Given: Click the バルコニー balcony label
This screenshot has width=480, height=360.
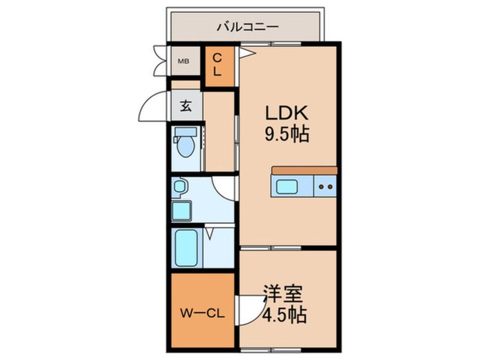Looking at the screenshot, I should click(247, 26).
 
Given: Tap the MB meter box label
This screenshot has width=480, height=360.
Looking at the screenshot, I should click(184, 61).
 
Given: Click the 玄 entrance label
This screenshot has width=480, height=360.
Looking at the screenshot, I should click(186, 106).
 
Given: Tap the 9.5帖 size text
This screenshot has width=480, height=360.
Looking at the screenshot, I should click(287, 135).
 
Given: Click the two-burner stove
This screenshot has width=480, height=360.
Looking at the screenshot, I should click(326, 186).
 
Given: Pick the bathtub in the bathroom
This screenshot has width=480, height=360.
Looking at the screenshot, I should click(186, 248).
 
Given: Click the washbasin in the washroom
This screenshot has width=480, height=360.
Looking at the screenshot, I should click(180, 186).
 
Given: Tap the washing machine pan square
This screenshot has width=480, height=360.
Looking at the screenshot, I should click(183, 211).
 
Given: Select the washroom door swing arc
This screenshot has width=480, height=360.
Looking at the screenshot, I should click(224, 187).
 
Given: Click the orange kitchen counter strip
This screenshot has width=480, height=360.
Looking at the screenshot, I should click(304, 170).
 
